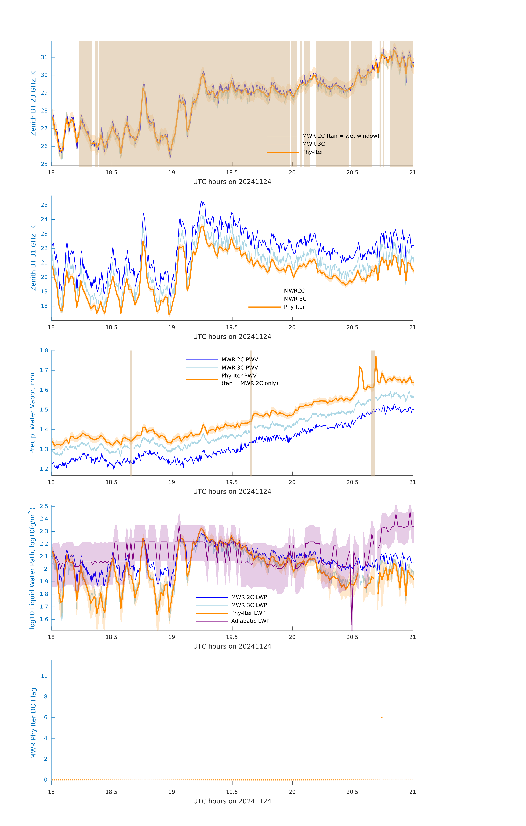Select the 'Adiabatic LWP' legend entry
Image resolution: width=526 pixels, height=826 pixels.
point(250,621)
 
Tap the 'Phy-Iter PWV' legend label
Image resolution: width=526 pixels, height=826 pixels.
point(239,376)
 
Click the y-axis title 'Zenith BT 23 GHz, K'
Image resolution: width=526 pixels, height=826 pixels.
point(33,103)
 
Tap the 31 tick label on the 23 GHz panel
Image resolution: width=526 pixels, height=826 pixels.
point(44,57)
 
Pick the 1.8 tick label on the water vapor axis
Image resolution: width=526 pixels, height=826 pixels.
point(44,351)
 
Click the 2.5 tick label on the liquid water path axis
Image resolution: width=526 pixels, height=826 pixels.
point(44,506)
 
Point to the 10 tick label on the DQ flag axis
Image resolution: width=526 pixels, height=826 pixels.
point(44,676)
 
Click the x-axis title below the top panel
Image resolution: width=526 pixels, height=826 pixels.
point(232,182)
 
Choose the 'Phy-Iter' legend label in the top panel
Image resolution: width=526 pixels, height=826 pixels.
point(313,152)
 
